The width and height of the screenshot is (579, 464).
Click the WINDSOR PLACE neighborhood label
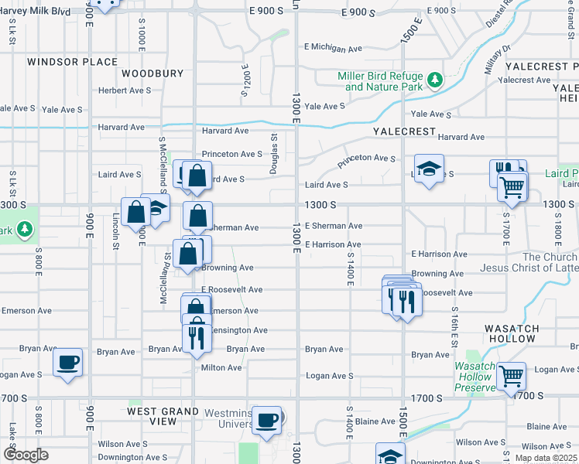(72, 62)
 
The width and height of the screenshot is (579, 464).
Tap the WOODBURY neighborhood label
(152, 74)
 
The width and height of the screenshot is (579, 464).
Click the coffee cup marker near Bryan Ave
(67, 361)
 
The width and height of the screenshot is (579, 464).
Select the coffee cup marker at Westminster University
(267, 420)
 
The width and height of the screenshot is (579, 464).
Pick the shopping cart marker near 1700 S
(511, 376)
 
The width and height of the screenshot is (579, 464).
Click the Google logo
(25, 455)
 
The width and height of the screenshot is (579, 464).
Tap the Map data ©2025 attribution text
(546, 458)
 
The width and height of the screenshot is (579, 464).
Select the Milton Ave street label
(221, 368)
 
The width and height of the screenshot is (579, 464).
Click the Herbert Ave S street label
(124, 90)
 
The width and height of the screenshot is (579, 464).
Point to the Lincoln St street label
(115, 231)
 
